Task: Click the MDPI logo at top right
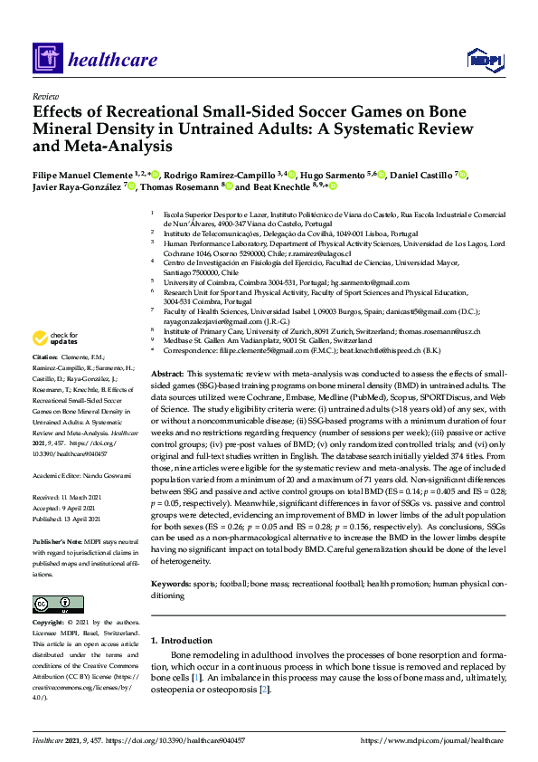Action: click(480, 60)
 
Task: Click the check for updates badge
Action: click(53, 338)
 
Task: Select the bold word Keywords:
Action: click(171, 586)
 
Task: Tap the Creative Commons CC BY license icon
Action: click(58, 604)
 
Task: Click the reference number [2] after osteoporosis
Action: click(263, 690)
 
